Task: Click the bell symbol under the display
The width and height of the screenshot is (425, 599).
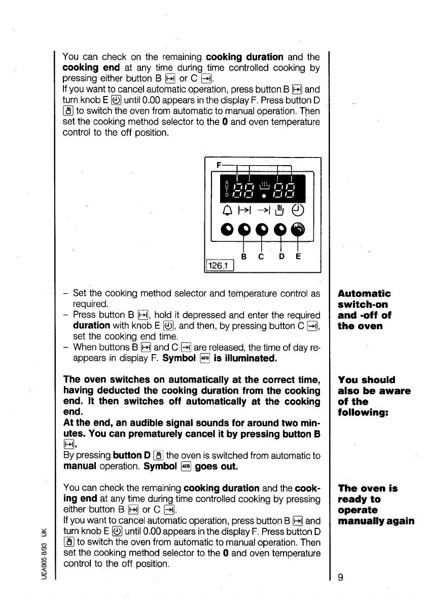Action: pyautogui.click(x=227, y=209)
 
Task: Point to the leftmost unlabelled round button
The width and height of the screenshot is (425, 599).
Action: pyautogui.click(x=227, y=231)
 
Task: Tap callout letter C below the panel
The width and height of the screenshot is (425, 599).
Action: pyautogui.click(x=260, y=257)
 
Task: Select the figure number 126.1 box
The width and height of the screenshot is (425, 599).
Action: pyautogui.click(x=218, y=265)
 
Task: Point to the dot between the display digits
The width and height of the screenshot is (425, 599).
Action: pyautogui.click(x=263, y=194)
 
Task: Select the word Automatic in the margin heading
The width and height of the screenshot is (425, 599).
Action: pyautogui.click(x=364, y=294)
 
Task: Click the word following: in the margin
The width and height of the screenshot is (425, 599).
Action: pyautogui.click(x=361, y=413)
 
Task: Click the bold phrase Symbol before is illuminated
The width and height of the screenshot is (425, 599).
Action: pyautogui.click(x=181, y=359)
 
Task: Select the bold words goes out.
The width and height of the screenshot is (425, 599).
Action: pyautogui.click(x=214, y=466)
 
